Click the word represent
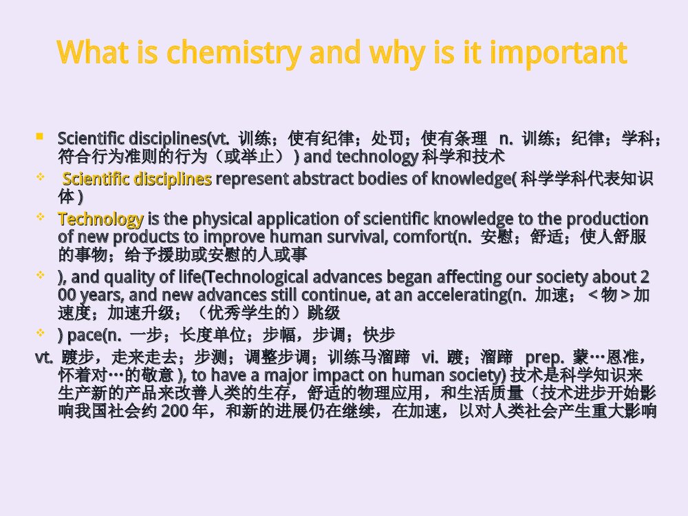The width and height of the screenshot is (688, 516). (x=248, y=180)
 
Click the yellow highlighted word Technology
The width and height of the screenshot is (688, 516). (x=100, y=219)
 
